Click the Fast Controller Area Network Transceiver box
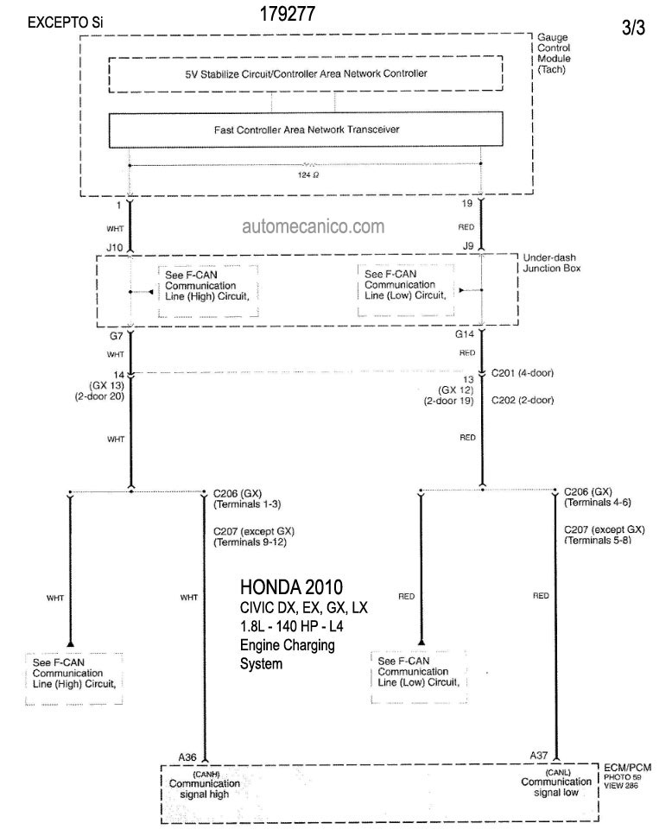point(306,130)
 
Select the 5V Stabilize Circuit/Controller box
point(306,73)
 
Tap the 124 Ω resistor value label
point(308,174)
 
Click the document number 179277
point(288,14)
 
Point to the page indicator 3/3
point(633,28)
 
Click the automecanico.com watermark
point(313,226)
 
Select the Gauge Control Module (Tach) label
point(554,54)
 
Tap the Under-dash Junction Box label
point(551,263)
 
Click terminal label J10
point(115,247)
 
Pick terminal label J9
point(468,246)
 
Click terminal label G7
point(117,336)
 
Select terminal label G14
point(464,334)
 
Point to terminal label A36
point(187,757)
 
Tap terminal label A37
point(539,756)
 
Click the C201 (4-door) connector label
point(522,373)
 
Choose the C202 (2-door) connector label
point(522,400)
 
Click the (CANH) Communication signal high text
point(205,784)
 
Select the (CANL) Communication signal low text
point(556,782)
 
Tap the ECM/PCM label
point(627,768)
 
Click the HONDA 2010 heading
point(291,587)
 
